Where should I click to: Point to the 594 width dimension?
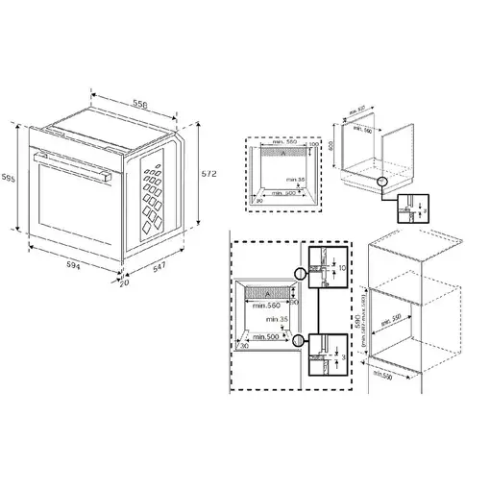pos(66,264)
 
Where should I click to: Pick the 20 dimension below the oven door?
pos(123,283)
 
